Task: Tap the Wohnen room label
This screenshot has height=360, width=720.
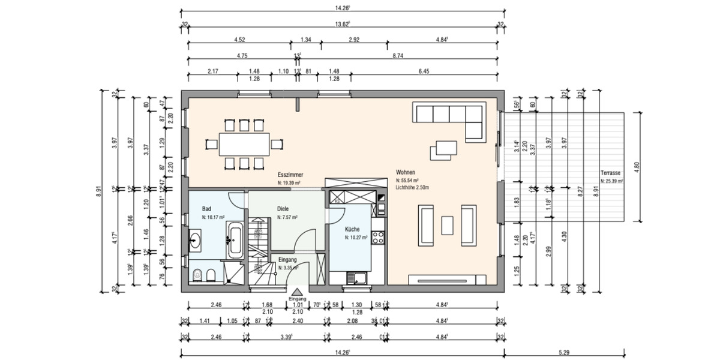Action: [x=406, y=172]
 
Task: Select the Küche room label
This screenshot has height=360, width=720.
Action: [x=352, y=229]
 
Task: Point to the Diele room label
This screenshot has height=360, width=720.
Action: [x=283, y=209]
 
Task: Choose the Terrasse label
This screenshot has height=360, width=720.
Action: [x=611, y=172]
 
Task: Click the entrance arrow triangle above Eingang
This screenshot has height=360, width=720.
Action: [x=298, y=291]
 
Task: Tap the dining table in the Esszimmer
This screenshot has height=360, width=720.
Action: [x=244, y=145]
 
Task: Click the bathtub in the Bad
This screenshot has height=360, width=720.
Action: [x=234, y=241]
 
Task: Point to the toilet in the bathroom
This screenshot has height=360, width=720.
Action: [x=197, y=275]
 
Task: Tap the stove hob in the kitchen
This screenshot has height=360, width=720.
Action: [x=378, y=238]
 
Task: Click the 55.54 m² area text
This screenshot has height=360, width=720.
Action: [x=407, y=180]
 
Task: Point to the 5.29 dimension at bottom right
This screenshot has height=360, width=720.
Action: [x=565, y=352]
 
